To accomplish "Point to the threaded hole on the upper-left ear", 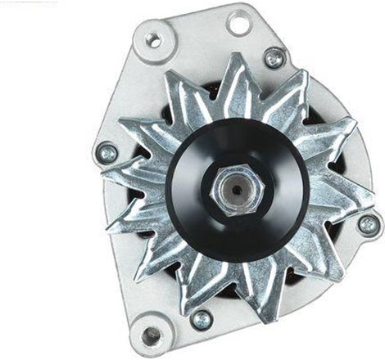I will coord(153,38).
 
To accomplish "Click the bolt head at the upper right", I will coord(274,57).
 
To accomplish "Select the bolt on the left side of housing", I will coord(106,152).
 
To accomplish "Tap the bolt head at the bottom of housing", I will coord(201,318).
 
